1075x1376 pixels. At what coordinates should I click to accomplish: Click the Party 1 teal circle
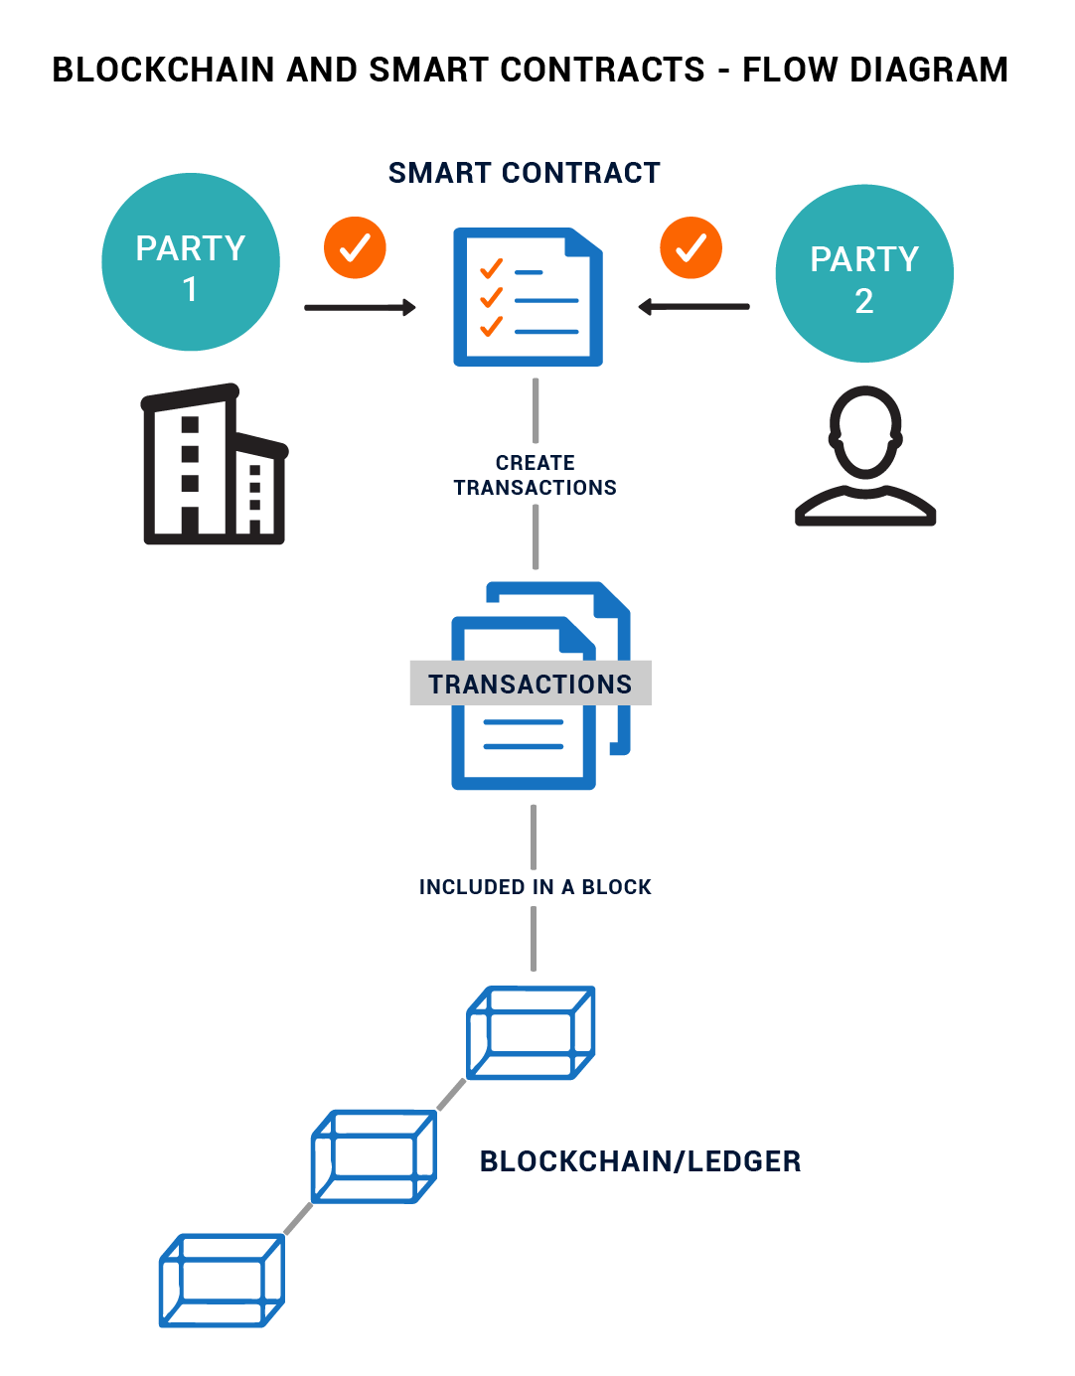point(191,262)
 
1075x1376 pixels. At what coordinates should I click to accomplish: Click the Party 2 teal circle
point(864,273)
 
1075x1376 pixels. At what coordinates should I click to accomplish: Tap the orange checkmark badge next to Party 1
point(355,247)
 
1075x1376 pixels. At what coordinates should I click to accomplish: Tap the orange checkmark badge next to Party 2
point(691,247)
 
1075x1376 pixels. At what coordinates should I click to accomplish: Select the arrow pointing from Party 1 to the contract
point(360,308)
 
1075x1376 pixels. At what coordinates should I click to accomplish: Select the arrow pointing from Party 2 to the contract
point(693,307)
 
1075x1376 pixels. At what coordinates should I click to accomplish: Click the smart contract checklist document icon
point(528,297)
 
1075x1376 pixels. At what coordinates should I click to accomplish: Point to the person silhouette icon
point(865,456)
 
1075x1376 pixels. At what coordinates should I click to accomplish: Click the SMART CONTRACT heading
point(524,173)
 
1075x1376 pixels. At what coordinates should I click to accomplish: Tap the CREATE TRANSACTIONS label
point(535,475)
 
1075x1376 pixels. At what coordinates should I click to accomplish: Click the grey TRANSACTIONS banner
point(530,684)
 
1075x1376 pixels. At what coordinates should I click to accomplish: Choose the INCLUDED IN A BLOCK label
point(535,887)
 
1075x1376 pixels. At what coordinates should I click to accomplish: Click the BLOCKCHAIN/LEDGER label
point(640,1161)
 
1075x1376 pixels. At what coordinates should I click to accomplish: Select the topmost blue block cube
point(531,1032)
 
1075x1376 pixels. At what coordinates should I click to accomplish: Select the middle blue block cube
point(374,1156)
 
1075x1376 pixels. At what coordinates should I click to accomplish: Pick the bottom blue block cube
point(222,1280)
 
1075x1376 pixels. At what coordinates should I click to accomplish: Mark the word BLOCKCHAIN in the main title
point(163,70)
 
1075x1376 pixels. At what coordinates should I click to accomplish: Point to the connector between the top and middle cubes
point(452,1094)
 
